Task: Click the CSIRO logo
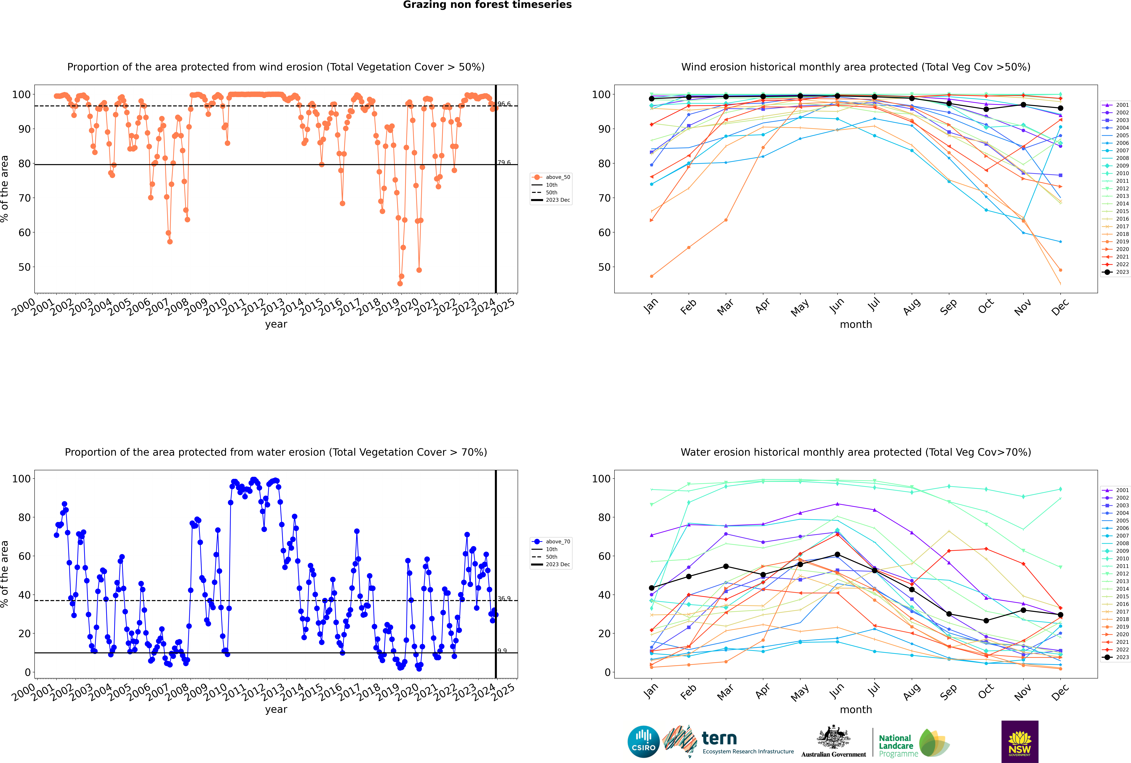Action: point(643,742)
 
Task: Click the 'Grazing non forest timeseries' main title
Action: point(487,5)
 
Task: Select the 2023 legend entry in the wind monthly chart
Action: point(1116,272)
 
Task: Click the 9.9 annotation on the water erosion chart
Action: point(502,651)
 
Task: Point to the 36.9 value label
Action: point(504,599)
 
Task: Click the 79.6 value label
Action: point(504,163)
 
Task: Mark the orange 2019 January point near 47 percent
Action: point(652,276)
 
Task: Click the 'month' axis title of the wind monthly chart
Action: point(856,325)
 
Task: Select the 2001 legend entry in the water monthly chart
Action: point(1116,490)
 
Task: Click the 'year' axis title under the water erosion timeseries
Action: point(276,710)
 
